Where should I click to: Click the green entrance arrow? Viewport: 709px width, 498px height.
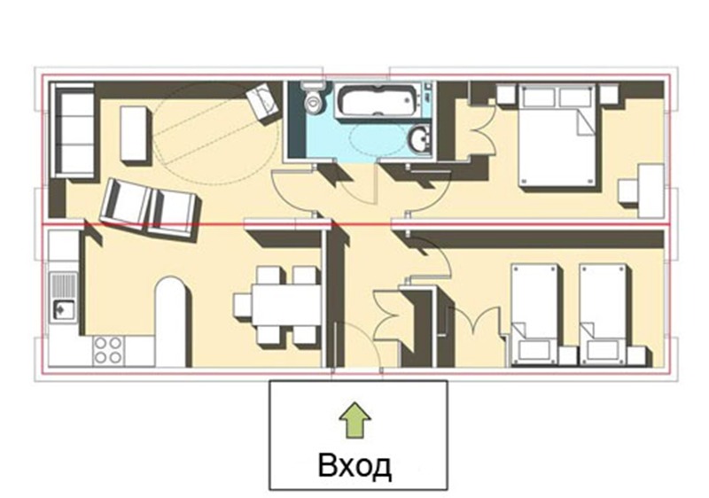tap(355, 420)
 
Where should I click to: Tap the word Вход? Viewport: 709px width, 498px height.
tap(354, 465)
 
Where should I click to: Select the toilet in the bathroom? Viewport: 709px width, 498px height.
tap(313, 98)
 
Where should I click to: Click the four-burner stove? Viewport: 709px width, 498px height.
tap(108, 351)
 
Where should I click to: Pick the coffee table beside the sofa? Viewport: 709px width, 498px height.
tap(134, 134)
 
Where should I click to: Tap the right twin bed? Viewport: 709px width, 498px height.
tap(603, 313)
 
